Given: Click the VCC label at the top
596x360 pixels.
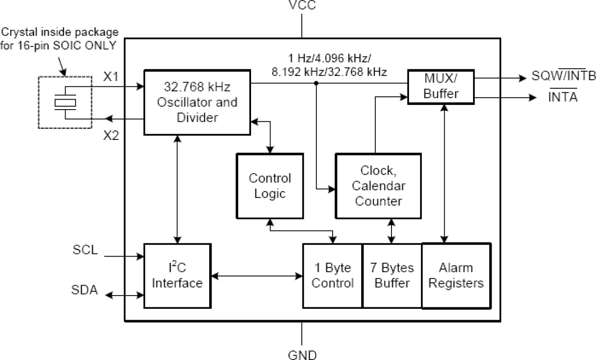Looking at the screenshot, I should [x=302, y=6].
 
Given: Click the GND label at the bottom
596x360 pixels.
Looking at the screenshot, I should [x=302, y=354].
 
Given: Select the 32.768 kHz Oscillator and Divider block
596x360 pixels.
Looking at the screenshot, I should [x=197, y=102].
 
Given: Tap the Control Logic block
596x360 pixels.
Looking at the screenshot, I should [x=270, y=185].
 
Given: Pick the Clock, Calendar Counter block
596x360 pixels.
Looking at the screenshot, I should [x=378, y=186].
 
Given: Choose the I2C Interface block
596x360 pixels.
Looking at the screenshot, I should [x=177, y=276].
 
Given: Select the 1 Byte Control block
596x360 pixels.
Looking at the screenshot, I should [x=333, y=276].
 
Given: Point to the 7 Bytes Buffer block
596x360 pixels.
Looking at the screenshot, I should [x=392, y=276].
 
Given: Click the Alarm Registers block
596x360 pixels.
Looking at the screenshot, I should [x=456, y=276].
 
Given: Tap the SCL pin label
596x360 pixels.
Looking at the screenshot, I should [x=85, y=250].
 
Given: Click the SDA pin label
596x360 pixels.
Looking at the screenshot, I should [x=85, y=290].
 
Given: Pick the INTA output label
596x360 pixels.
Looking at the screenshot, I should [x=563, y=97].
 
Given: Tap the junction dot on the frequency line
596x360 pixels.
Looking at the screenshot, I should [x=316, y=83].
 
